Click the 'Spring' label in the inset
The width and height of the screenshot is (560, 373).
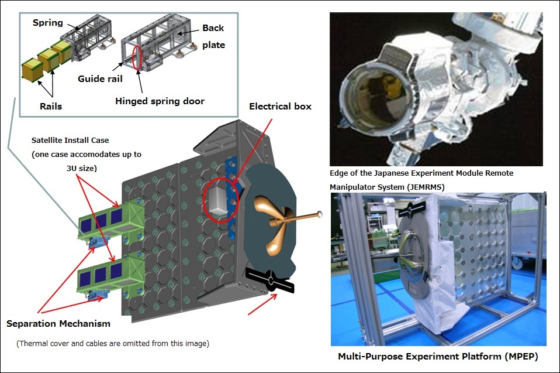click(x=47, y=22)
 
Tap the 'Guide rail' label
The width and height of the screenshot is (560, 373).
click(x=100, y=78)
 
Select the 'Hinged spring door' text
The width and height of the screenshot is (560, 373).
click(x=160, y=101)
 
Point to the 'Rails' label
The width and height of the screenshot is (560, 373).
click(x=51, y=106)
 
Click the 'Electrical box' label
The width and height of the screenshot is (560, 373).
click(x=280, y=106)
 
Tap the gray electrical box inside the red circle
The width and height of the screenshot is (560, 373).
click(x=217, y=201)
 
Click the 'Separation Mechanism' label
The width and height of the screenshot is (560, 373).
click(x=58, y=324)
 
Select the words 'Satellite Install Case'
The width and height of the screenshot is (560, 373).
click(x=70, y=140)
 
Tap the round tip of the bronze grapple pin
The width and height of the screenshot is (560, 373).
click(x=320, y=214)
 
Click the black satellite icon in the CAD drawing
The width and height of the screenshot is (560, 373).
click(x=270, y=280)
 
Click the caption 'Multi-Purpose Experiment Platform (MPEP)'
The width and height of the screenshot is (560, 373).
click(x=438, y=357)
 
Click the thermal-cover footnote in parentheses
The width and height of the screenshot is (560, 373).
click(x=113, y=343)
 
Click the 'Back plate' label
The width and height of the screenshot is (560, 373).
click(x=213, y=36)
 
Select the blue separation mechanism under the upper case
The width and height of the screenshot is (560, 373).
click(x=97, y=242)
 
